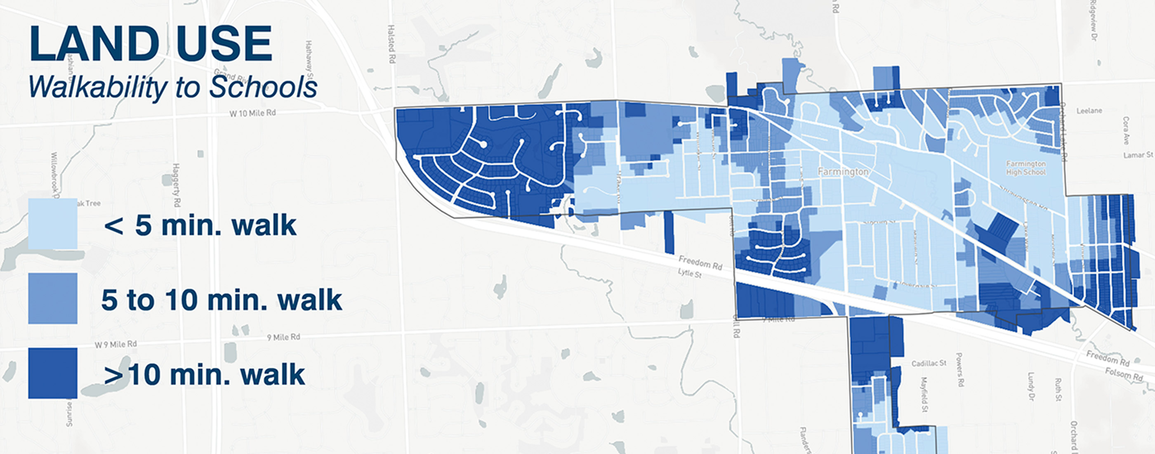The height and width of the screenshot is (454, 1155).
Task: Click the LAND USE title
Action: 151,44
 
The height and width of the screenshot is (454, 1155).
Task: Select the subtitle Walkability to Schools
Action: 172,87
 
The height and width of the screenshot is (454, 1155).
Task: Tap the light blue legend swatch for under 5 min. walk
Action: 52,224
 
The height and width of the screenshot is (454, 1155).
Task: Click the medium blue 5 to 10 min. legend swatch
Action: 52,298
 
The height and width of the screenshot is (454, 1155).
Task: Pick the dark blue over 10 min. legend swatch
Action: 52,373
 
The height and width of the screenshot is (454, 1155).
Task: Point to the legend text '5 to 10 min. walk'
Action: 222,300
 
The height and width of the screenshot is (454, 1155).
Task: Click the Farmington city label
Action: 843,172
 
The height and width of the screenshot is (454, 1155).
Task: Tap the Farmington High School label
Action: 1026,168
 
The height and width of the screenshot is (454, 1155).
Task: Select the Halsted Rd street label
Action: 391,44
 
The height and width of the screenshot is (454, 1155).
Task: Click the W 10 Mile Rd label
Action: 252,113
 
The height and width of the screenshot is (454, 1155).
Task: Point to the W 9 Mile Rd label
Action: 115,344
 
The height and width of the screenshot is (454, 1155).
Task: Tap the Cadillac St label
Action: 929,363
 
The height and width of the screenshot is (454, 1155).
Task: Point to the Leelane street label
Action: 1089,110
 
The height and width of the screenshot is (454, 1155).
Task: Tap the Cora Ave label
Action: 1126,130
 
